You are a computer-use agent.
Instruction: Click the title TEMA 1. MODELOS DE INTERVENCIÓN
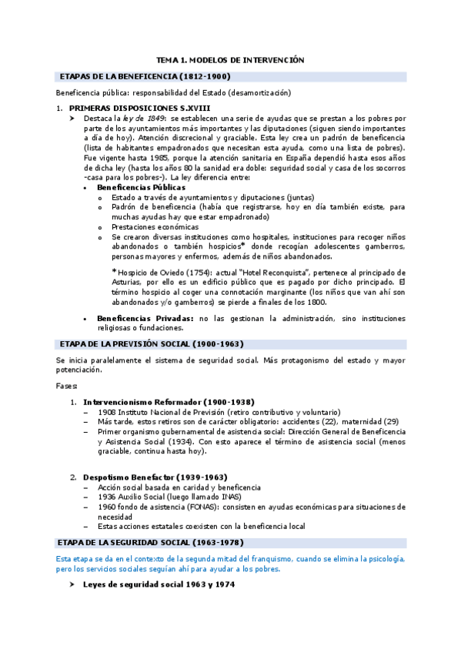[x=231, y=59]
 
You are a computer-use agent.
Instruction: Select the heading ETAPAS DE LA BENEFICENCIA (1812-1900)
[x=145, y=76]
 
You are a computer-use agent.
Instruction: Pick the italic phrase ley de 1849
[x=145, y=119]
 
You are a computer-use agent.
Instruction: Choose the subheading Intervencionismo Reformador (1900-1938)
[x=169, y=403]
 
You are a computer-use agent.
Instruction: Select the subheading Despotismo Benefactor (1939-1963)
[x=155, y=477]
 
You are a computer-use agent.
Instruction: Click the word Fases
[x=67, y=385]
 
